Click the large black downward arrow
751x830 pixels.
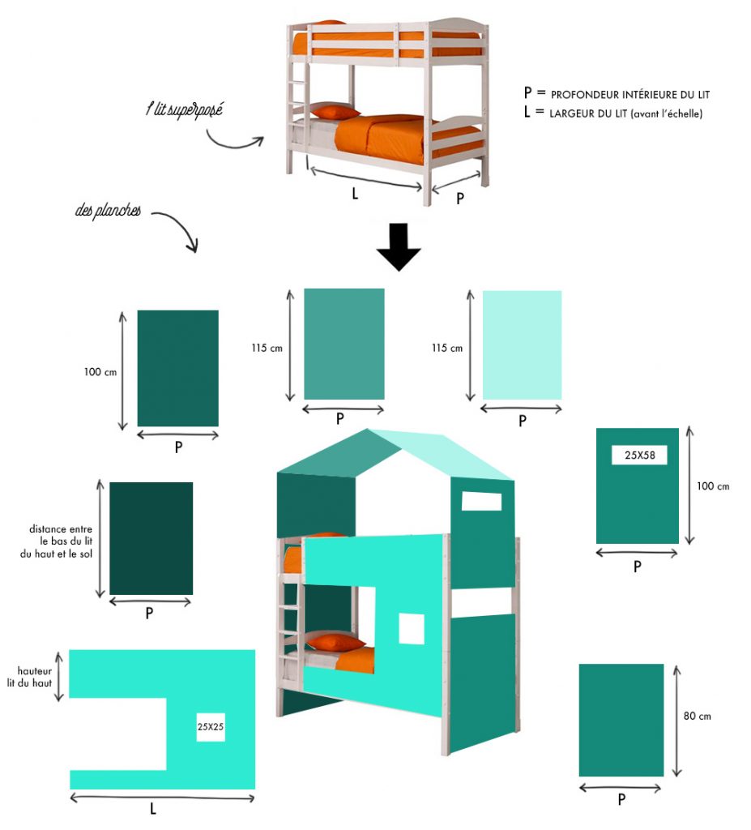pyautogui.click(x=399, y=246)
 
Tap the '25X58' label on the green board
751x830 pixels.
pyautogui.click(x=639, y=455)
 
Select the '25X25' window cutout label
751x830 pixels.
pyautogui.click(x=210, y=727)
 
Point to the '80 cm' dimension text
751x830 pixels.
pyautogui.click(x=697, y=716)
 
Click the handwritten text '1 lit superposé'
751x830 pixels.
pyautogui.click(x=184, y=109)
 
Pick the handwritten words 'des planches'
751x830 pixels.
pyautogui.click(x=108, y=210)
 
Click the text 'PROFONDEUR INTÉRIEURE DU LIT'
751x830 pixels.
pyautogui.click(x=629, y=95)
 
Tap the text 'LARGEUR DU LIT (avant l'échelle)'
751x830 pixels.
pyautogui.click(x=625, y=113)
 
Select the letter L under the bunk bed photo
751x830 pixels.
pyautogui.click(x=355, y=194)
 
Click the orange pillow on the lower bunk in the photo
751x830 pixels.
pyautogui.click(x=335, y=112)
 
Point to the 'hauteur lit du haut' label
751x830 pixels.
pyautogui.click(x=30, y=677)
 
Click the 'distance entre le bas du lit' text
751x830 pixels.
pyautogui.click(x=61, y=535)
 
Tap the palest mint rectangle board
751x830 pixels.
pyautogui.click(x=522, y=345)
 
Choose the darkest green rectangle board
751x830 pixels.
pyautogui.click(x=151, y=538)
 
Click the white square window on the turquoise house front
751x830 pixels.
pyautogui.click(x=412, y=629)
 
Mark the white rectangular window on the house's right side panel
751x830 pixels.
pyautogui.click(x=481, y=501)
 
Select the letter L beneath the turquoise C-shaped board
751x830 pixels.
pyautogui.click(x=152, y=808)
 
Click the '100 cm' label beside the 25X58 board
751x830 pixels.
pyautogui.click(x=712, y=486)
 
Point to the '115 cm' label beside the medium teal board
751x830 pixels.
pyautogui.click(x=267, y=348)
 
